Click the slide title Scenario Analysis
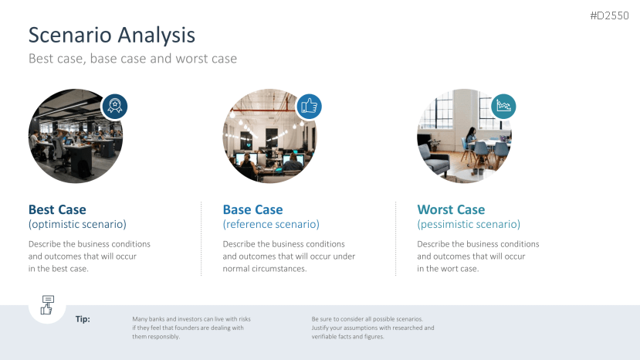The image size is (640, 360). pyautogui.click(x=112, y=35)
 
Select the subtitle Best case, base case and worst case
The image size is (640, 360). pyautogui.click(x=133, y=59)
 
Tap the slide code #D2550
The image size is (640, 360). pyautogui.click(x=609, y=15)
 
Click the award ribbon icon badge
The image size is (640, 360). pyautogui.click(x=115, y=107)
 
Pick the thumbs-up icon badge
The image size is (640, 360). pyautogui.click(x=309, y=107)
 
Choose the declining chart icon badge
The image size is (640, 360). pyautogui.click(x=503, y=107)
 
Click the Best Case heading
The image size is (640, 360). pyautogui.click(x=57, y=209)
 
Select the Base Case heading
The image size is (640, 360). pyautogui.click(x=252, y=209)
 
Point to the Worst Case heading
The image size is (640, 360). pyautogui.click(x=451, y=209)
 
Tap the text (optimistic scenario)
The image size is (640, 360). pyautogui.click(x=77, y=224)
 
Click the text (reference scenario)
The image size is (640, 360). pyautogui.click(x=271, y=224)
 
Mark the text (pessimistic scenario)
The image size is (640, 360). pyautogui.click(x=469, y=224)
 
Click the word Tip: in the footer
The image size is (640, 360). pyautogui.click(x=83, y=319)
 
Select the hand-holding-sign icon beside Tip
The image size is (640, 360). pyautogui.click(x=47, y=305)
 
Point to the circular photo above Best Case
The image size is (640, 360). pyautogui.click(x=76, y=136)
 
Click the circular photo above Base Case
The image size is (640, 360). pyautogui.click(x=269, y=136)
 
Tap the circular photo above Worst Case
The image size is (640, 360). pyautogui.click(x=464, y=136)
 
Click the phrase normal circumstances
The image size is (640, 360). pyautogui.click(x=265, y=269)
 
